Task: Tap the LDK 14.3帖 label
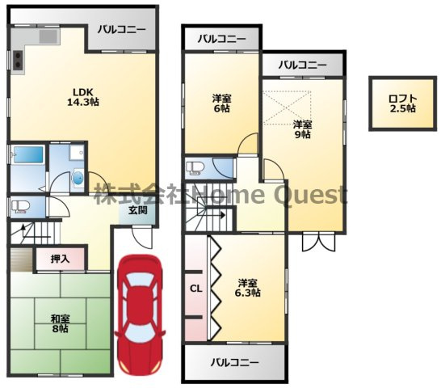point(83,97)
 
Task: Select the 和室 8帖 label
point(61,324)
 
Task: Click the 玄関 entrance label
point(138,210)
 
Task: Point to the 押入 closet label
point(61,259)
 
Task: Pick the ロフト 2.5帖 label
point(402,103)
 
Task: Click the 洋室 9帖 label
point(302,129)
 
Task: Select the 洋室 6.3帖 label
point(247,288)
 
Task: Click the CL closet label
point(196,289)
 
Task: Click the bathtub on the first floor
point(28,154)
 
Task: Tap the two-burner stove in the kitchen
point(18,60)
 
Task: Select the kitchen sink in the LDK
point(48,36)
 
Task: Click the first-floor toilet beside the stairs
point(20,207)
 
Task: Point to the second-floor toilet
point(195,168)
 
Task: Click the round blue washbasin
point(78,178)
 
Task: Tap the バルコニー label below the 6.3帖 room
point(234,362)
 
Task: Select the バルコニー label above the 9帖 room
point(303,65)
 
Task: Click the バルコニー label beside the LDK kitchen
point(122,29)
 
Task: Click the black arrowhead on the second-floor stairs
point(222,215)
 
